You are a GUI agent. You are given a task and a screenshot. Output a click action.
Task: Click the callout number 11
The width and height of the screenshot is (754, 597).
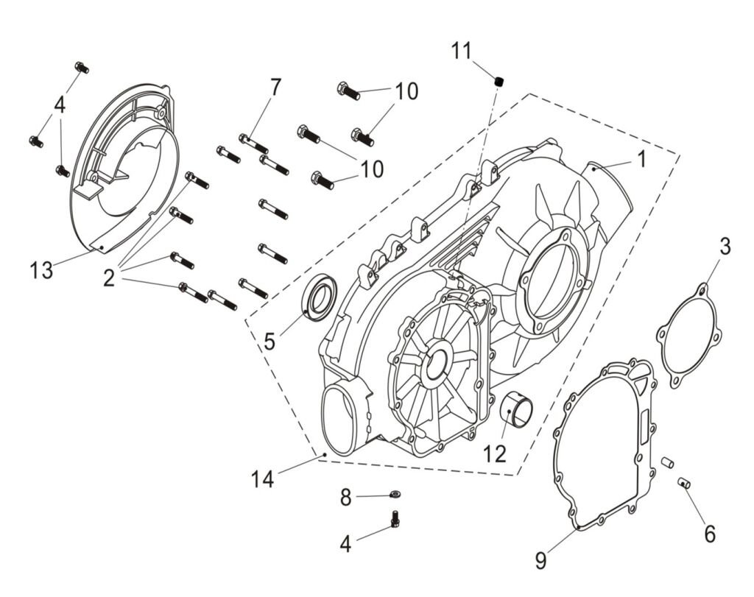tap(461, 52)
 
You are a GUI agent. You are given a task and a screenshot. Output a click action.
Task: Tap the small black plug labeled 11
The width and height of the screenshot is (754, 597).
tap(498, 80)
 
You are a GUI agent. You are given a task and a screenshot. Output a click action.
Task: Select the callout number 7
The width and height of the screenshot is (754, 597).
tap(275, 87)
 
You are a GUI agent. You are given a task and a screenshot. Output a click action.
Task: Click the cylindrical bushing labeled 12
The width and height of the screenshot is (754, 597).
tap(518, 411)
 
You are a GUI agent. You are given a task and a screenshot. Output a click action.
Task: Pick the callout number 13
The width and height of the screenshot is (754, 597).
tap(42, 270)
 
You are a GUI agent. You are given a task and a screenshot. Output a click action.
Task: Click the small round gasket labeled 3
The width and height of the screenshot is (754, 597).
tap(688, 336)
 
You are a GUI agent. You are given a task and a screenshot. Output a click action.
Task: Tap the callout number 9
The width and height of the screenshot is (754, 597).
tap(541, 561)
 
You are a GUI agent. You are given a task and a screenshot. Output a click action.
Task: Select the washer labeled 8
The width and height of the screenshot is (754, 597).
tap(395, 496)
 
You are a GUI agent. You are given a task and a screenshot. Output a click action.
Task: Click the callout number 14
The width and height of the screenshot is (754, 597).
tap(262, 479)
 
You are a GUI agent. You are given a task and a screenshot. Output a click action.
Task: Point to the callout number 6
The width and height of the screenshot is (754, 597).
tap(709, 534)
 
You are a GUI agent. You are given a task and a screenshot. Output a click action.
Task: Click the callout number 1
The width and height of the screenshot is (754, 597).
tap(641, 159)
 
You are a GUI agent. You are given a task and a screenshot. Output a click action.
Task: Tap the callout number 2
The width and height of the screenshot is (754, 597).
tap(109, 278)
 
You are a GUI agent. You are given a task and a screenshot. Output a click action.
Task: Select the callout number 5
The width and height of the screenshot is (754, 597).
tap(269, 341)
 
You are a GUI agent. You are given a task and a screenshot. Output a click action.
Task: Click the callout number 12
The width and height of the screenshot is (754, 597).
tap(495, 454)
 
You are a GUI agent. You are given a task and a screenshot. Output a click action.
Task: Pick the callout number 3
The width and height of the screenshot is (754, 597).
tap(725, 247)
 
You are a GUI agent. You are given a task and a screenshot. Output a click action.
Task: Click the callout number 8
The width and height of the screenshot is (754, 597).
tap(346, 498)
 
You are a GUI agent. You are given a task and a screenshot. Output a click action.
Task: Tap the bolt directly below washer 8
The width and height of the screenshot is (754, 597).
tap(395, 519)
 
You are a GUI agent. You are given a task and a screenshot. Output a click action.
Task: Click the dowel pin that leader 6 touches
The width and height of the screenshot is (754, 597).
tap(683, 483)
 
